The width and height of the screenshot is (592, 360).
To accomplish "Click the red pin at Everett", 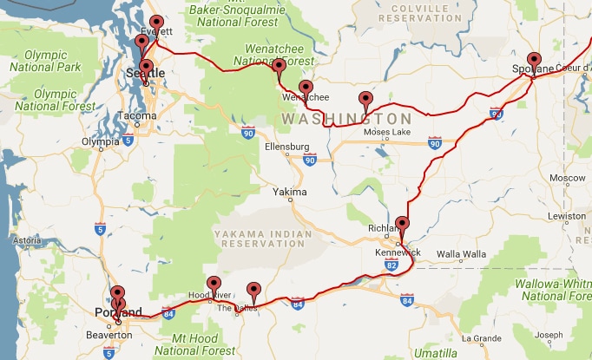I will [156, 23].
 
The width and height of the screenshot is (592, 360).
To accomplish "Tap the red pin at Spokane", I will [534, 61].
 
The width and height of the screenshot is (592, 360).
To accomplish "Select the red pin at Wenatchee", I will [306, 88].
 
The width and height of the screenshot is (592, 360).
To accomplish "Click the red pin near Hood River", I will [214, 284].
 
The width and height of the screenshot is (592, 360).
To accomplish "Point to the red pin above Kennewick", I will [401, 224].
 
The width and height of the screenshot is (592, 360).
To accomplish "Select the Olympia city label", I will [99, 141].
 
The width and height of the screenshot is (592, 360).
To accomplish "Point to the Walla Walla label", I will [459, 254].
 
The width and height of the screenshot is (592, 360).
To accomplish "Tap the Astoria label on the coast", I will [26, 240].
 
